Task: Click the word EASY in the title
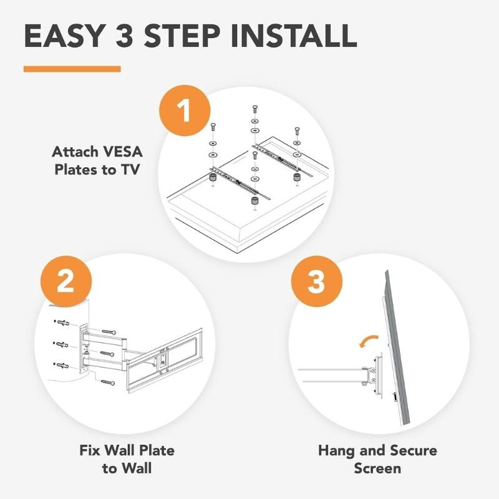click(x=65, y=36)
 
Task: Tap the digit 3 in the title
click(x=127, y=36)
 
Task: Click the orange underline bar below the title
click(x=72, y=69)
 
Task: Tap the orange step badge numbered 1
click(x=185, y=110)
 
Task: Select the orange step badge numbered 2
click(x=66, y=282)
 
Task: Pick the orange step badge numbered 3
click(x=317, y=282)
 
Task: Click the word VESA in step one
click(x=122, y=152)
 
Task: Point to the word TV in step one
click(x=130, y=170)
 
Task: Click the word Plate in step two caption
click(x=157, y=450)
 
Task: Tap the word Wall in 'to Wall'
click(x=137, y=468)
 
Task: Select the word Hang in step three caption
click(x=336, y=451)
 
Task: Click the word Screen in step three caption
click(x=377, y=468)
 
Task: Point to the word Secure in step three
click(x=414, y=450)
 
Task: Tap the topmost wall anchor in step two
click(x=62, y=322)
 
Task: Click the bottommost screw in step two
click(x=108, y=382)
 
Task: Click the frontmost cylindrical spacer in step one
click(x=254, y=201)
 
